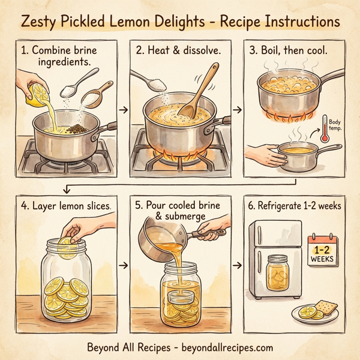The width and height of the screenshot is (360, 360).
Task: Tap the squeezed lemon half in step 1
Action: tap(36, 93)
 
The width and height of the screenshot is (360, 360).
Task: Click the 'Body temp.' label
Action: tap(337, 125)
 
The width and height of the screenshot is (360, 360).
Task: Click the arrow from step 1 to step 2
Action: tap(123, 110)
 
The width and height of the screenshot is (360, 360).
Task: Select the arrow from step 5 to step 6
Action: tap(238, 265)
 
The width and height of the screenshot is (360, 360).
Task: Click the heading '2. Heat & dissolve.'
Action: tap(178, 51)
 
